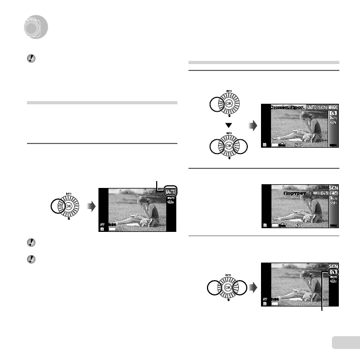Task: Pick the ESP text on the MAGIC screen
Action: [299, 144]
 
